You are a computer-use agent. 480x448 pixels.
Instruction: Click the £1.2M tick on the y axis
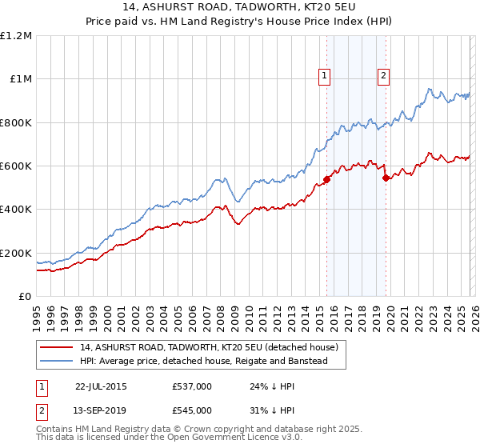(x=18, y=36)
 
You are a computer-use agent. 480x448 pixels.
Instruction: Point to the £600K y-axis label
(x=16, y=166)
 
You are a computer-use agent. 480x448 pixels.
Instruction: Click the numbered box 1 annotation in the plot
(x=325, y=76)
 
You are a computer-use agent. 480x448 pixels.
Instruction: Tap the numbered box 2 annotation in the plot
(x=383, y=76)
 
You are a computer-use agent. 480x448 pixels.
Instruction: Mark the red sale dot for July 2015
(x=327, y=180)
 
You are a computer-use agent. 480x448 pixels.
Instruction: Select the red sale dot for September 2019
(x=386, y=178)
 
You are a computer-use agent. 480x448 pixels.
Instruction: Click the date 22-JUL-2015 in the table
(x=101, y=386)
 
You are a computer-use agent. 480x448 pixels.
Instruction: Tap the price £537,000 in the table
(x=192, y=386)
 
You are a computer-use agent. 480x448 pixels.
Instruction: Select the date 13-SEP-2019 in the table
(x=101, y=410)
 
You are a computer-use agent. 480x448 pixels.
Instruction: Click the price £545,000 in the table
(x=192, y=410)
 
